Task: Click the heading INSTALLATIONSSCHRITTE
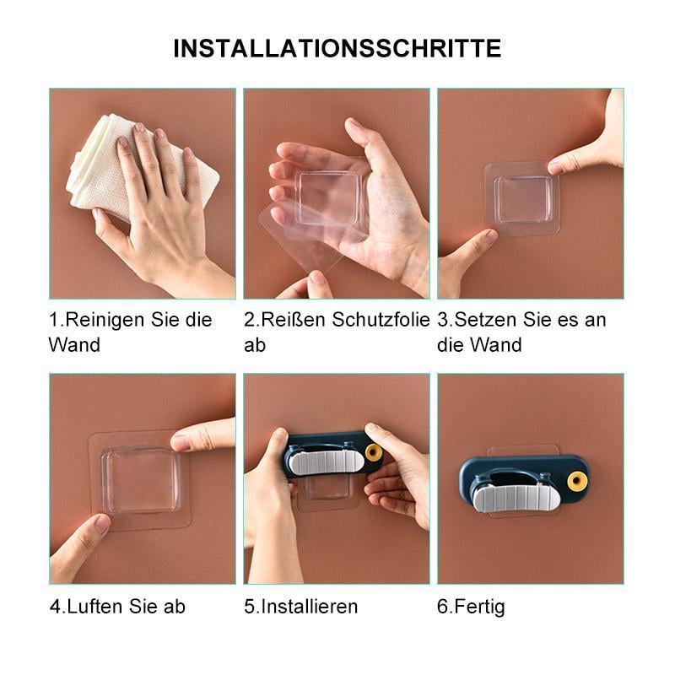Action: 337,48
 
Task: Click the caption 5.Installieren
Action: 301,606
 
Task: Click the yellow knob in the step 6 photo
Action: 577,481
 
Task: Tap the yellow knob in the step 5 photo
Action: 374,453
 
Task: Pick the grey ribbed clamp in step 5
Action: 326,461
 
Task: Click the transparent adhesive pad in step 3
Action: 522,199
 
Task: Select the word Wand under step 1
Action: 73,344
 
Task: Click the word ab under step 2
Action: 254,344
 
